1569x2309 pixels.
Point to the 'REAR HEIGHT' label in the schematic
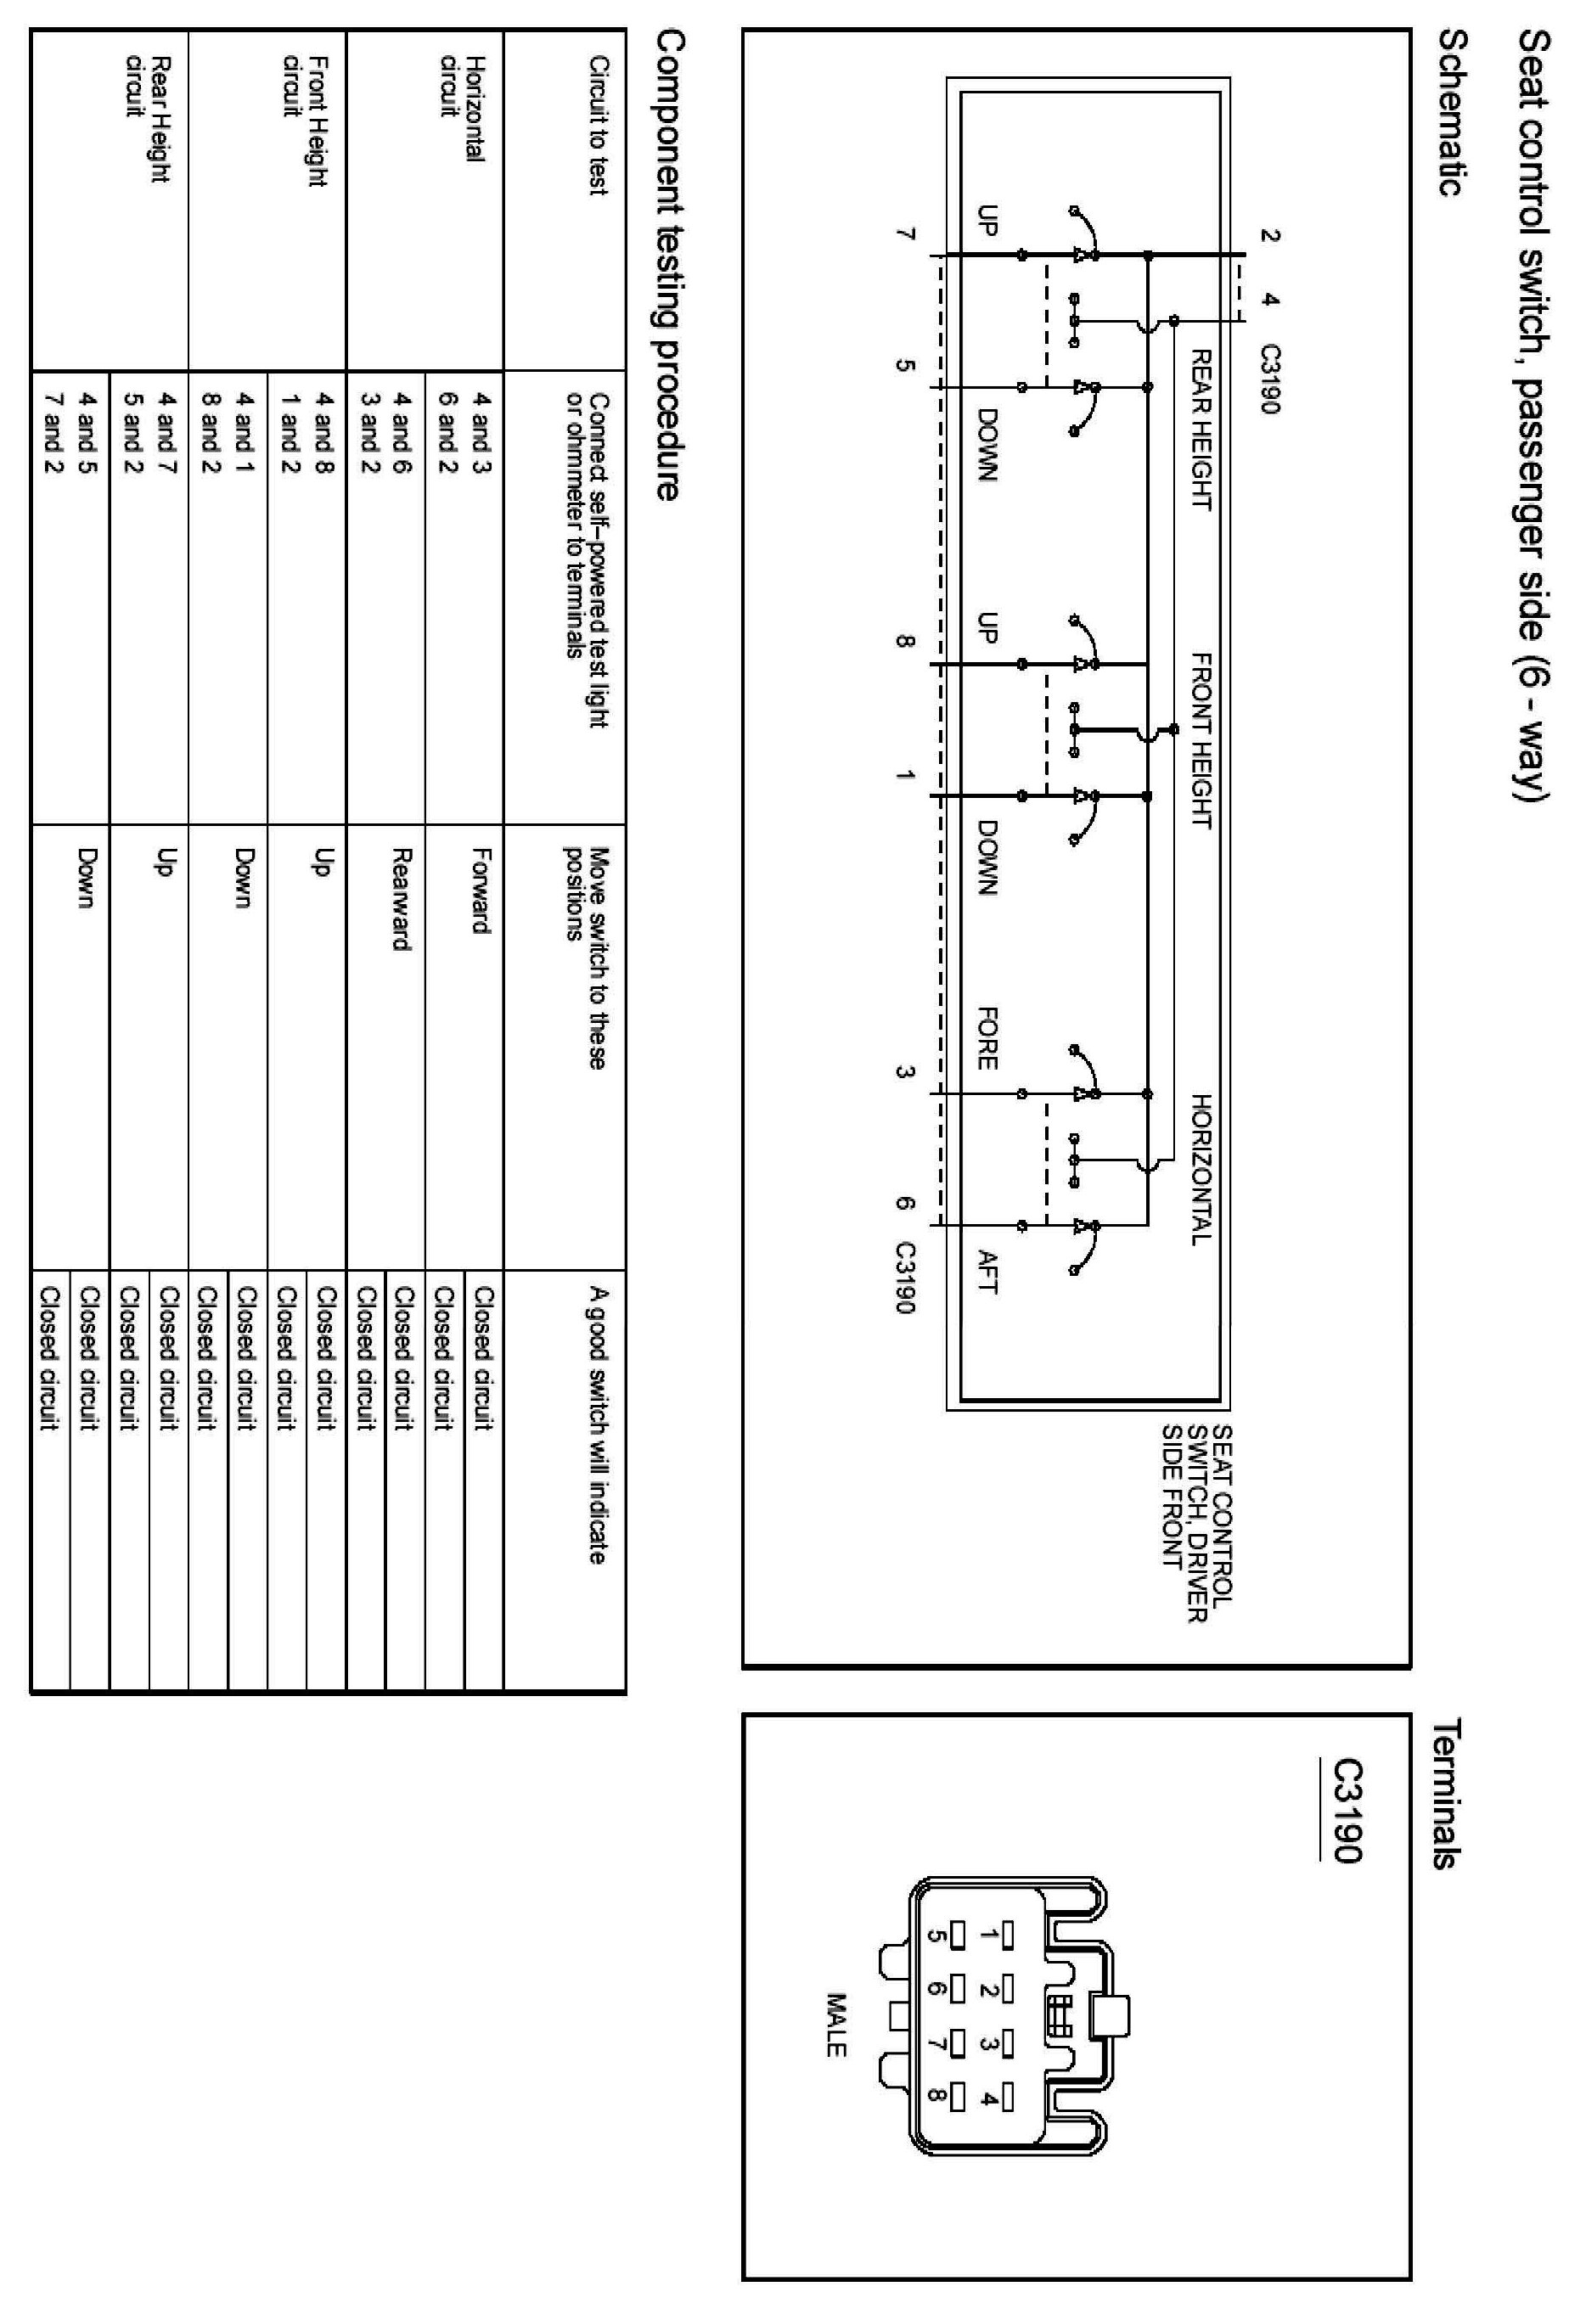pos(1201,430)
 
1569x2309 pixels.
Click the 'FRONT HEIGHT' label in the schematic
pos(1201,740)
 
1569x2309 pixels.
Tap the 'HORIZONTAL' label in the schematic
pos(1201,1168)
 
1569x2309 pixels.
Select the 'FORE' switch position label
pos(986,1037)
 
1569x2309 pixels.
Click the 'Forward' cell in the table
pos(482,890)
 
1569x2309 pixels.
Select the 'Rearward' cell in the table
pos(402,898)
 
